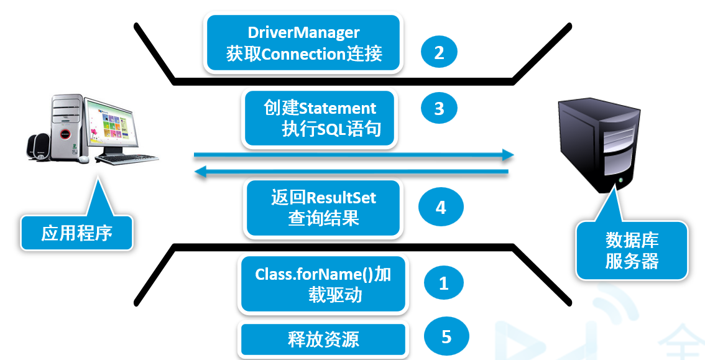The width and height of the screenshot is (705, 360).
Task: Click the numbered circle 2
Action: point(439,52)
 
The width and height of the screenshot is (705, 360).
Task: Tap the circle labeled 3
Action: point(439,108)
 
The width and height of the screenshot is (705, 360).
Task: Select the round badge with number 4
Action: point(440,208)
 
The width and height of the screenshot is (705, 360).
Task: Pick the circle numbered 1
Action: point(443,284)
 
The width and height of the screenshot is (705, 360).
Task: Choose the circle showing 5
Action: point(446,337)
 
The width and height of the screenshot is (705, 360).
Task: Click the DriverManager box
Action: point(304,43)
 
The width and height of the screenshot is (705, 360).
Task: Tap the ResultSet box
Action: point(324,208)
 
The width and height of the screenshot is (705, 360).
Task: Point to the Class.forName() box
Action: point(323,284)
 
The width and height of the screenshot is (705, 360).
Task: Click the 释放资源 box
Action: point(323,339)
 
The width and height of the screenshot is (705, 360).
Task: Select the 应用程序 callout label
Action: point(76,233)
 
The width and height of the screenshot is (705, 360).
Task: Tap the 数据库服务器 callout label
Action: point(632,251)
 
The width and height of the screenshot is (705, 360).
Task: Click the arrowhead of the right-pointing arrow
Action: point(509,155)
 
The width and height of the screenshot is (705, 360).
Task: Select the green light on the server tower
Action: point(619,182)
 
